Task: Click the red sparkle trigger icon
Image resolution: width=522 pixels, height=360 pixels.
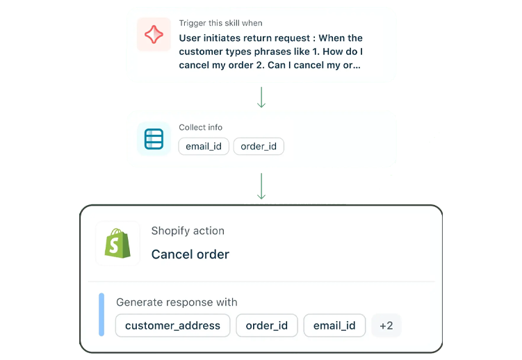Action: point(154,35)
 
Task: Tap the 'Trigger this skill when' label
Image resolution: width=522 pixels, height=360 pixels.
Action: point(220,24)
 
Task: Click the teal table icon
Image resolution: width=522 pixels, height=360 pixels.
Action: point(154,139)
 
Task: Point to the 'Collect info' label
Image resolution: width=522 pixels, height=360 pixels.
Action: point(201,127)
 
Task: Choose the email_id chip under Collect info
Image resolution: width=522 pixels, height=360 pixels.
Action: point(204,147)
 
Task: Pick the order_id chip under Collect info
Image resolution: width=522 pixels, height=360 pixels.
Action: point(259,147)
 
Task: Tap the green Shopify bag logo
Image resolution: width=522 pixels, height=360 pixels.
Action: point(117,243)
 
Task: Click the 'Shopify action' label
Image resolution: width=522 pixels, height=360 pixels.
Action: point(188,231)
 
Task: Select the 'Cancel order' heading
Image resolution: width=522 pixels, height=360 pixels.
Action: point(190,254)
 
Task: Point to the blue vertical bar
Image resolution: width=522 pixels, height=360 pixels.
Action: point(101,315)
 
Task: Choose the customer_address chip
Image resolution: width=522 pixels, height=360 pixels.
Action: point(172,325)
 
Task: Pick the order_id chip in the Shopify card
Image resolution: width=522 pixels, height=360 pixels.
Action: point(267,325)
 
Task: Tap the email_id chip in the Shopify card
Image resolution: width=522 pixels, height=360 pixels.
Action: point(334,325)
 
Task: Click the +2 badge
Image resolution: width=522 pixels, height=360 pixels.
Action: point(386,325)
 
